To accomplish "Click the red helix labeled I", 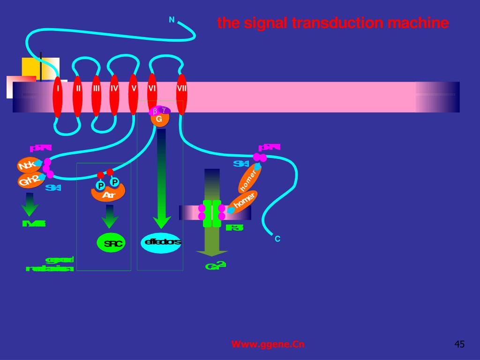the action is (58, 96).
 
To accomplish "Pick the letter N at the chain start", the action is (172, 20).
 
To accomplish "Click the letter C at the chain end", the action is (277, 239).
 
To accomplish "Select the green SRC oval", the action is (112, 243).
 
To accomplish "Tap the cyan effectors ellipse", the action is (161, 242).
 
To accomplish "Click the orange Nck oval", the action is (28, 165).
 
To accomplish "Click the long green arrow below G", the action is (162, 178).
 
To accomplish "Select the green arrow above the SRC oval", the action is (110, 216).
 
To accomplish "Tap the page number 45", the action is (459, 345).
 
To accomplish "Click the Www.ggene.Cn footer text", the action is (268, 345).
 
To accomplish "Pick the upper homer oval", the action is (249, 179).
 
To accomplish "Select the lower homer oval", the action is (243, 202).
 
